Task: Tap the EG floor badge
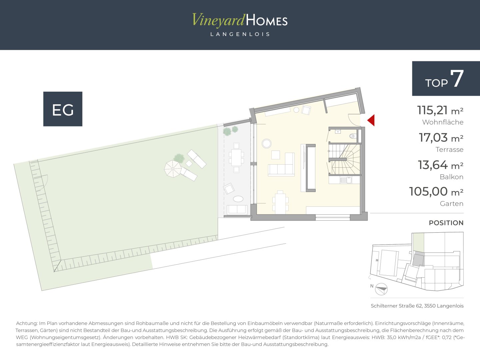tap(63, 109)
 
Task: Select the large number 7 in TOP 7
tap(457, 79)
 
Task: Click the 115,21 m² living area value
tap(440, 110)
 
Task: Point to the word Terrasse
tap(449, 150)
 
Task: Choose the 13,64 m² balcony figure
tap(441, 165)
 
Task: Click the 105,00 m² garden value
tap(436, 192)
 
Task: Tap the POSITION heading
tap(446, 223)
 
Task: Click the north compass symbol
tap(381, 289)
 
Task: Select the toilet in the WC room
tap(353, 136)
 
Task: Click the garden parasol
tap(173, 169)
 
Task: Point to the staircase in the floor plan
tap(345, 159)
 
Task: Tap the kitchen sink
tap(346, 180)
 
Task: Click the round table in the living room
tap(267, 144)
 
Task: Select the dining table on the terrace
tap(236, 157)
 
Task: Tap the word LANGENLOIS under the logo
tap(240, 34)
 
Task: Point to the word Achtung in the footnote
tap(26, 323)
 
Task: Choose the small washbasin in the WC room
tap(338, 132)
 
